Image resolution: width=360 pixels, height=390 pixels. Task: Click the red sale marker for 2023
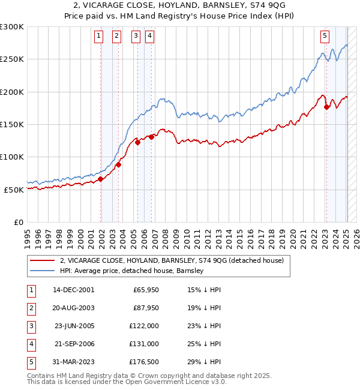(326, 107)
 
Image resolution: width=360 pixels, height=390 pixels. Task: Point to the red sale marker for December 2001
(100, 179)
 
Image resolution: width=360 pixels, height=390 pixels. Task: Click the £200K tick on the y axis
(12, 92)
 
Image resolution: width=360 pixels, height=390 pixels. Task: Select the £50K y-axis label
(14, 190)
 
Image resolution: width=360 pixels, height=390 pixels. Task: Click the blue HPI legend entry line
(43, 271)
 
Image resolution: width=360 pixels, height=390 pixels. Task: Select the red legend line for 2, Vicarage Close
(43, 260)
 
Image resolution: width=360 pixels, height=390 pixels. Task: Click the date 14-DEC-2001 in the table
(73, 290)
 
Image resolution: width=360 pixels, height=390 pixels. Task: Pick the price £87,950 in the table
(145, 308)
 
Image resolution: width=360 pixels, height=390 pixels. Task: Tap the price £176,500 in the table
(143, 362)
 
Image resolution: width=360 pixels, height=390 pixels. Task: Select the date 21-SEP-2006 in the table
(73, 344)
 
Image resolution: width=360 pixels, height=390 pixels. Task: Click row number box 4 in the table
(30, 344)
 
